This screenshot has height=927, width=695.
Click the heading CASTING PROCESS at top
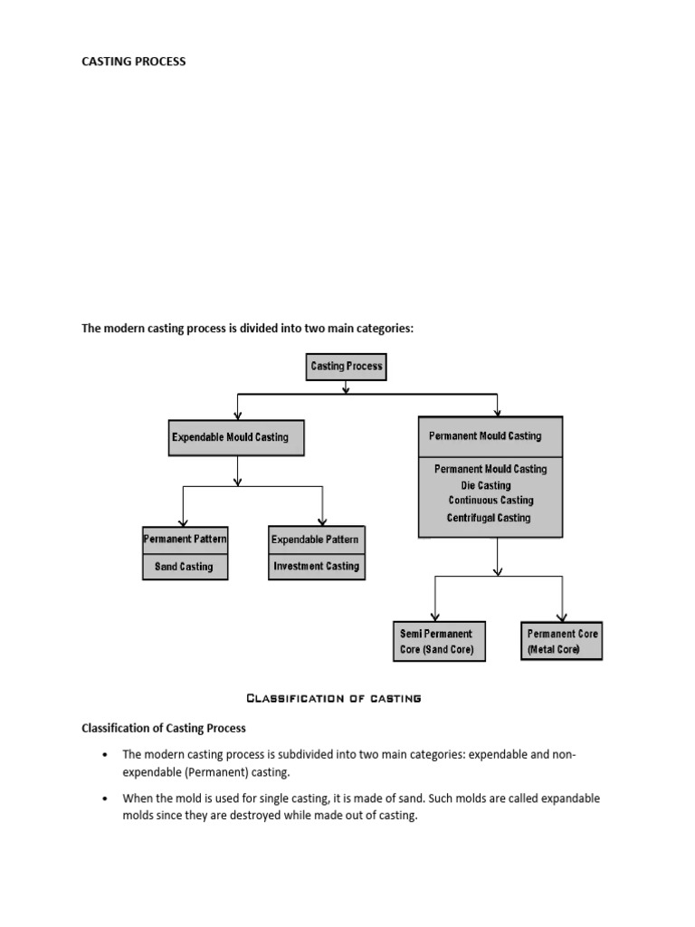point(134,62)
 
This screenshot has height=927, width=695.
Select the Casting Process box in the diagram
point(347,367)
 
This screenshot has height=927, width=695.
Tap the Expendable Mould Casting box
point(236,437)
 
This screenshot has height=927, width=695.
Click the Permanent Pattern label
point(185,539)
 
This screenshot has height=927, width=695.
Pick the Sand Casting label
point(185,567)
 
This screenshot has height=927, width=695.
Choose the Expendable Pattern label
point(316,540)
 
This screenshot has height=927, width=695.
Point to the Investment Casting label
point(316,567)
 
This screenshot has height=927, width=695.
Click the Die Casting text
point(485,485)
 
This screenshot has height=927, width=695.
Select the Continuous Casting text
point(490,501)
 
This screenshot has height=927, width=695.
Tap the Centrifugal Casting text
point(489,518)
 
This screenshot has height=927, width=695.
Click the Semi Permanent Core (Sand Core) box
point(437,642)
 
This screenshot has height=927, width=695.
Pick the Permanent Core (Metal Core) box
point(562,642)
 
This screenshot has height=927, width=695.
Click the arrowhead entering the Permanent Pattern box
point(184,521)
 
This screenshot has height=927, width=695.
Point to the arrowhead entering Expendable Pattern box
point(321,521)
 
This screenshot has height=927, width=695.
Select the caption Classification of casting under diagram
point(334,698)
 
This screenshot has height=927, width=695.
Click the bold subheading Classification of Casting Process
point(164,728)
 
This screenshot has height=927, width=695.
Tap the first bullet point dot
point(106,754)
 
